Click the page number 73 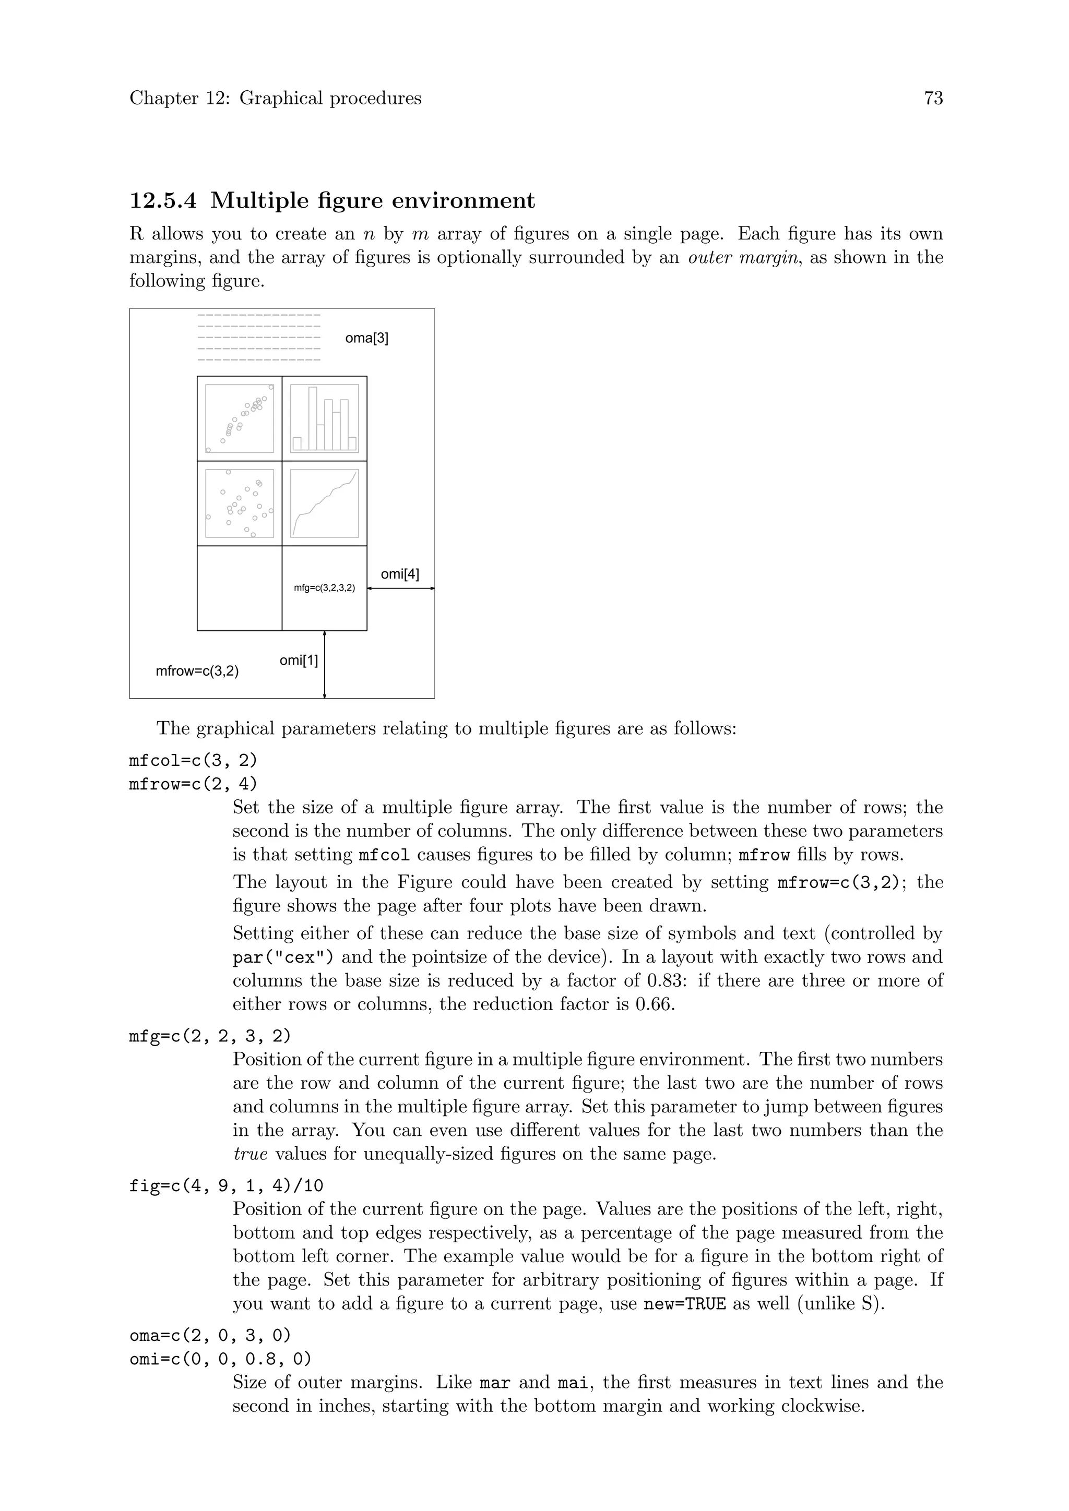tap(933, 98)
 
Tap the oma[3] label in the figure tap(366, 338)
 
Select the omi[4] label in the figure tap(399, 574)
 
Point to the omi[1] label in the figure tap(299, 660)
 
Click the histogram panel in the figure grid tap(325, 418)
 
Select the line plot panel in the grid tap(325, 503)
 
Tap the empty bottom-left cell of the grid tap(240, 589)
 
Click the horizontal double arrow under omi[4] tap(401, 589)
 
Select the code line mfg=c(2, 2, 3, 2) tap(210, 1036)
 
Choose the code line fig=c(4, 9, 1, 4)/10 tap(227, 1186)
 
